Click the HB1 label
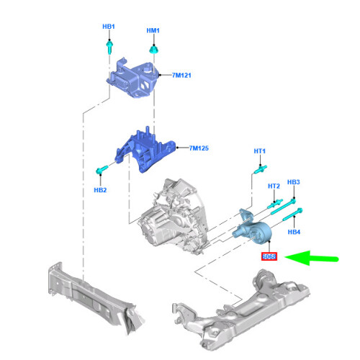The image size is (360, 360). pos(108,27)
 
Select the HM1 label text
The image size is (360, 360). pos(153,30)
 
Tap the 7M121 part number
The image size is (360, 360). pos(183,75)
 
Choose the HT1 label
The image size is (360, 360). pos(260,151)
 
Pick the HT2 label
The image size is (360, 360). pos(274,186)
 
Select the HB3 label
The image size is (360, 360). pos(293,182)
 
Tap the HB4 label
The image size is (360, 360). pos(294,232)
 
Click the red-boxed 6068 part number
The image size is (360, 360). pos(269,256)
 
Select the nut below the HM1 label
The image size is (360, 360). pos(153,50)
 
